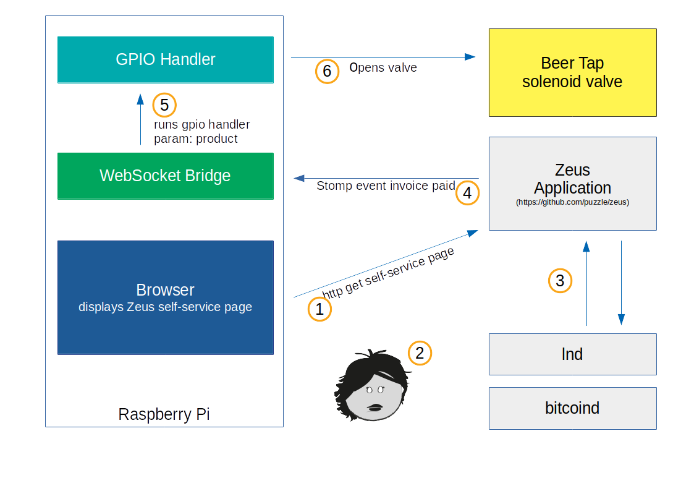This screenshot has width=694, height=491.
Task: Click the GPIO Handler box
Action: (x=166, y=59)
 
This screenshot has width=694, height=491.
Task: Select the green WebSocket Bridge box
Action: (x=166, y=176)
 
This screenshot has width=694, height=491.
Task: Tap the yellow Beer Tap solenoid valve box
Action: (x=572, y=72)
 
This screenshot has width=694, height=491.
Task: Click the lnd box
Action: (x=572, y=354)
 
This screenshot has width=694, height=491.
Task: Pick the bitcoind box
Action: (x=572, y=408)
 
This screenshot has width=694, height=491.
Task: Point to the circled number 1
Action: (x=319, y=309)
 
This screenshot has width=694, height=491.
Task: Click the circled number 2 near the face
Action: (x=420, y=353)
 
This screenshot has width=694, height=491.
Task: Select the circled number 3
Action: (x=560, y=281)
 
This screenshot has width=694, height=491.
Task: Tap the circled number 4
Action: (x=467, y=194)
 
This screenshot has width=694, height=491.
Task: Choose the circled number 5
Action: (x=164, y=105)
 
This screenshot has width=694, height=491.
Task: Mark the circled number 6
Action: (x=327, y=72)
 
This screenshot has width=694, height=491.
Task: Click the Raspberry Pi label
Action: (x=164, y=414)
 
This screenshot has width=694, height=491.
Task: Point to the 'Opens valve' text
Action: (x=383, y=67)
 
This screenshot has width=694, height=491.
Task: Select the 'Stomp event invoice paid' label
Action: (x=386, y=186)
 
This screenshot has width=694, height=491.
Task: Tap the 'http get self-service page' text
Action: (x=388, y=273)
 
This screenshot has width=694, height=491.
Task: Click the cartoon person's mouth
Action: (x=375, y=406)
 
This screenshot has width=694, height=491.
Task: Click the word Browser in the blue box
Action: (x=165, y=290)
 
